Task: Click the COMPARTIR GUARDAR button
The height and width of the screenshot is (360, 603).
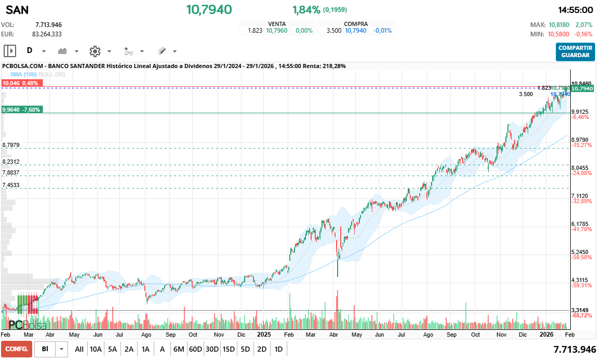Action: [575, 51]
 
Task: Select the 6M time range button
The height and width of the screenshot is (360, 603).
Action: [179, 349]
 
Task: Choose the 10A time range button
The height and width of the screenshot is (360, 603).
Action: [96, 349]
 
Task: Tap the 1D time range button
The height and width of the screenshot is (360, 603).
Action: [278, 349]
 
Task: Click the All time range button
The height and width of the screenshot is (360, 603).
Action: [79, 349]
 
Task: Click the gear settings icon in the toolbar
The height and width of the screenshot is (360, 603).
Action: [95, 51]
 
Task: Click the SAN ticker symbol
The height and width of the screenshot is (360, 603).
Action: [17, 10]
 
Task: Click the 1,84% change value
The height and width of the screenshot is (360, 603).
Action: [306, 10]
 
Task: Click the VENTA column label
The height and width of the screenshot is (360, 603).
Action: [277, 24]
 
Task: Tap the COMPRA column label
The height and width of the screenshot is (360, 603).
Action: [356, 24]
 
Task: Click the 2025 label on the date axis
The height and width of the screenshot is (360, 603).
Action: [264, 336]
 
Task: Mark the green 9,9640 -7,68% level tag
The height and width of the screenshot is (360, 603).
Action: [21, 110]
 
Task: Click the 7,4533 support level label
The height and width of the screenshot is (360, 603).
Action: [11, 185]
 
